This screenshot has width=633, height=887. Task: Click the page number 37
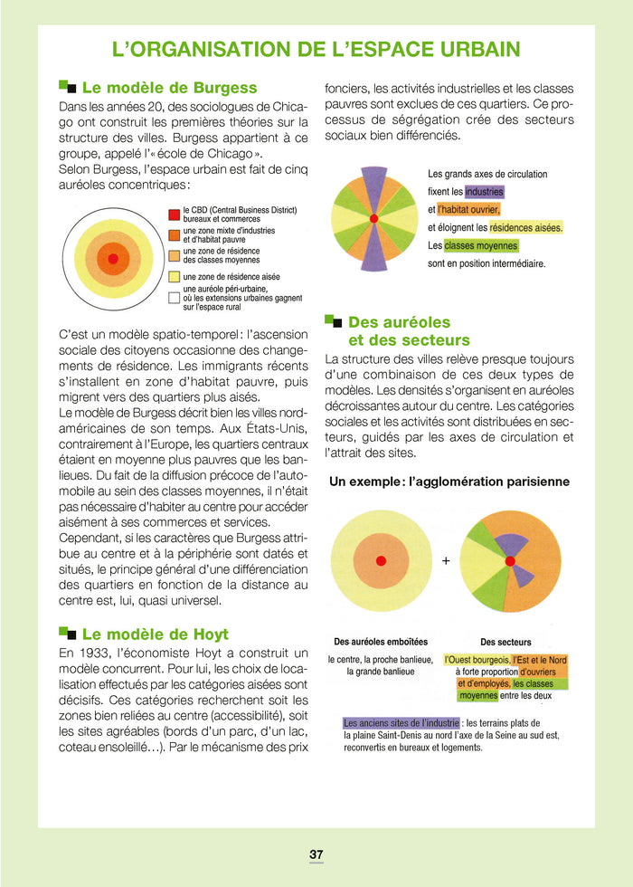pos(316,854)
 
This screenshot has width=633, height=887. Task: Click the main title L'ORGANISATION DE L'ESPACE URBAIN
pos(316,49)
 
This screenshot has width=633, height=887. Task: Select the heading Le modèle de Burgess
pos(169,88)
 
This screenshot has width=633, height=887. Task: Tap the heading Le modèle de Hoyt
pos(155,634)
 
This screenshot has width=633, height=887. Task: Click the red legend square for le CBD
pos(174,215)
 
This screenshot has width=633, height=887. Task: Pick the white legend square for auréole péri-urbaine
pos(174,297)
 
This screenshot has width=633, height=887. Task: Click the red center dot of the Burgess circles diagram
pos(113,259)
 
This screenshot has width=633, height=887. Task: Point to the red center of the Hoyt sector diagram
pos(373,219)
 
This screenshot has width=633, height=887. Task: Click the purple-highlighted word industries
pos(484,192)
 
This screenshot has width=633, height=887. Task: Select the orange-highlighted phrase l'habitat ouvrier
pos(468,210)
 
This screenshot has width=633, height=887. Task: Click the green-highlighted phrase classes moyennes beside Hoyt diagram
pos(481,246)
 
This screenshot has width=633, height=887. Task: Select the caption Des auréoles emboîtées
pos(380,642)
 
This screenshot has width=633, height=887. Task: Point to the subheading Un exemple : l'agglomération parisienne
pos(449,482)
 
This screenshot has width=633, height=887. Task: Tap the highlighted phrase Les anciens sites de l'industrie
pos(402,722)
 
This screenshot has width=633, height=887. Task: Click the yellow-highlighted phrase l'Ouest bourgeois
pos(477,660)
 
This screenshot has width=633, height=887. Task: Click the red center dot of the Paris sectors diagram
pos(510,561)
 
